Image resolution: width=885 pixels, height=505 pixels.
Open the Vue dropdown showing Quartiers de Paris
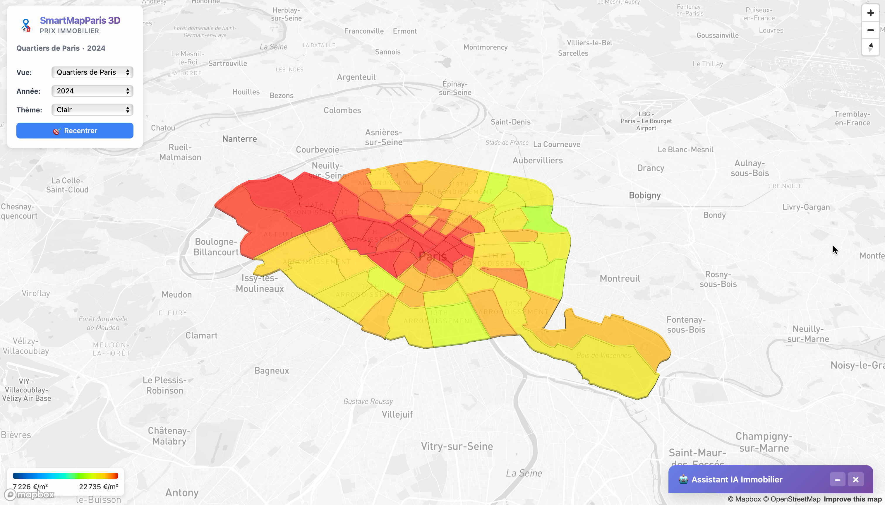[92, 72]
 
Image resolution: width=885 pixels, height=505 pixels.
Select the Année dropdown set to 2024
[92, 91]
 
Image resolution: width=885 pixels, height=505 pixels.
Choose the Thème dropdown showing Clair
[92, 109]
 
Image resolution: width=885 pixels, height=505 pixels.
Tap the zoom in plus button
[870, 13]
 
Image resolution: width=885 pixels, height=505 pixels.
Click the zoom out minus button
[870, 30]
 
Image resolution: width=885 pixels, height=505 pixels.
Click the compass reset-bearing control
[870, 47]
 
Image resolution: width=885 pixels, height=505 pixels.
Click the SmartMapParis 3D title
[80, 20]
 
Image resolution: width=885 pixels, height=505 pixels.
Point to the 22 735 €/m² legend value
[98, 487]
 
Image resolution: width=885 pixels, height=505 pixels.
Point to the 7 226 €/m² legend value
[30, 487]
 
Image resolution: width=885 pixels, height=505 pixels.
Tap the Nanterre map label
[239, 139]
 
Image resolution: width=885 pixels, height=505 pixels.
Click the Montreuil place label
[620, 278]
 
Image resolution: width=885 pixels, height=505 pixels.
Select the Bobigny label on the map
[645, 195]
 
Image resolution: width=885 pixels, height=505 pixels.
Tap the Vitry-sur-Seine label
[457, 446]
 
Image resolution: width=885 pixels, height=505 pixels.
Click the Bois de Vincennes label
[603, 355]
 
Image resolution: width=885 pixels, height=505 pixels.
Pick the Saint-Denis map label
[511, 122]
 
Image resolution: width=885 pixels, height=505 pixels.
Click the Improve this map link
[853, 499]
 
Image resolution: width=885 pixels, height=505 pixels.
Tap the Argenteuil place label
[356, 77]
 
